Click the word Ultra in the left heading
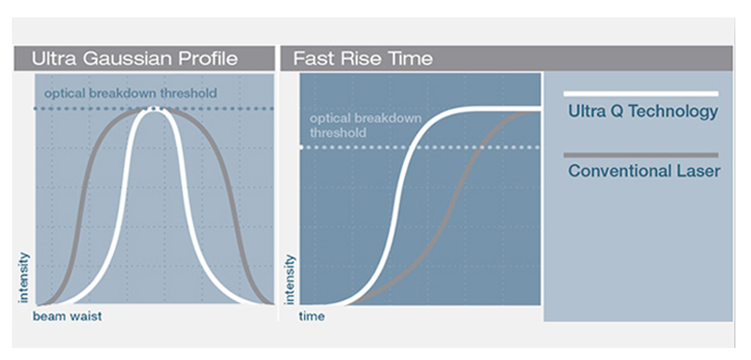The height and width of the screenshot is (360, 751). tap(56, 59)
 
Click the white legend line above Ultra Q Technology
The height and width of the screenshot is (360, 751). tap(641, 94)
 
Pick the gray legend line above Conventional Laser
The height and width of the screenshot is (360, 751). tap(641, 155)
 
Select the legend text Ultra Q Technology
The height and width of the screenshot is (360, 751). tap(644, 112)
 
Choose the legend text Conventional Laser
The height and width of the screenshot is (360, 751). tap(645, 171)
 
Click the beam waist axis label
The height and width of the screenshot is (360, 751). tap(67, 317)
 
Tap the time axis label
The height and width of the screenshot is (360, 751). tap(312, 317)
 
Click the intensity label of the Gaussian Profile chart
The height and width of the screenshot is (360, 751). tap(24, 277)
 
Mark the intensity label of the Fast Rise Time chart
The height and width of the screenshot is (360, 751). tap(290, 279)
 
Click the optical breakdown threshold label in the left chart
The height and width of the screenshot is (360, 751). tap(130, 93)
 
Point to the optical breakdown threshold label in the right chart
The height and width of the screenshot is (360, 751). tap(366, 126)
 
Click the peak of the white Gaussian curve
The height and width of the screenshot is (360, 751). tap(152, 108)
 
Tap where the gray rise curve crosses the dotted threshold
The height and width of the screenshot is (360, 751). tap(480, 147)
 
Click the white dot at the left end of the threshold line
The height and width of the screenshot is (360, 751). tap(301, 147)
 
